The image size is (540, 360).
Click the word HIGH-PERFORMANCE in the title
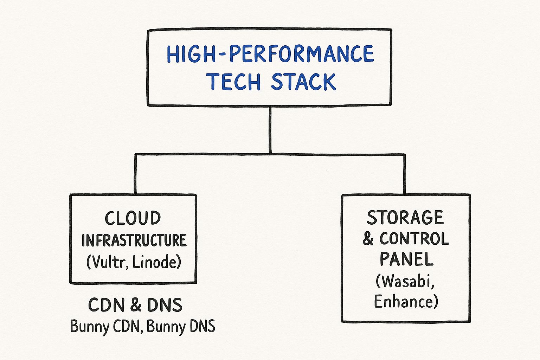click(x=270, y=54)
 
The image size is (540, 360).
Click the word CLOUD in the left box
click(x=133, y=218)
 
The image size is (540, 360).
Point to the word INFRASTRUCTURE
click(x=134, y=240)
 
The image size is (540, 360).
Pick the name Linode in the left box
click(x=157, y=262)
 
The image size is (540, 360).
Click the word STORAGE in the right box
click(x=405, y=218)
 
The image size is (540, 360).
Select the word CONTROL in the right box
click(x=414, y=239)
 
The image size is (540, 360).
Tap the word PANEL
click(x=406, y=260)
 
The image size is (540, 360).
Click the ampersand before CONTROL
click(x=368, y=239)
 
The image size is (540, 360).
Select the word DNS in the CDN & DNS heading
click(x=165, y=305)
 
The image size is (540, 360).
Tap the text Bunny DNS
click(x=181, y=327)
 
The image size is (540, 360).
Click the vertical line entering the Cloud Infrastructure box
click(x=135, y=174)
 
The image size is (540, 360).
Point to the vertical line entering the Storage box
click(x=404, y=174)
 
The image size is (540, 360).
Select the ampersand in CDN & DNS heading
click(x=135, y=305)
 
